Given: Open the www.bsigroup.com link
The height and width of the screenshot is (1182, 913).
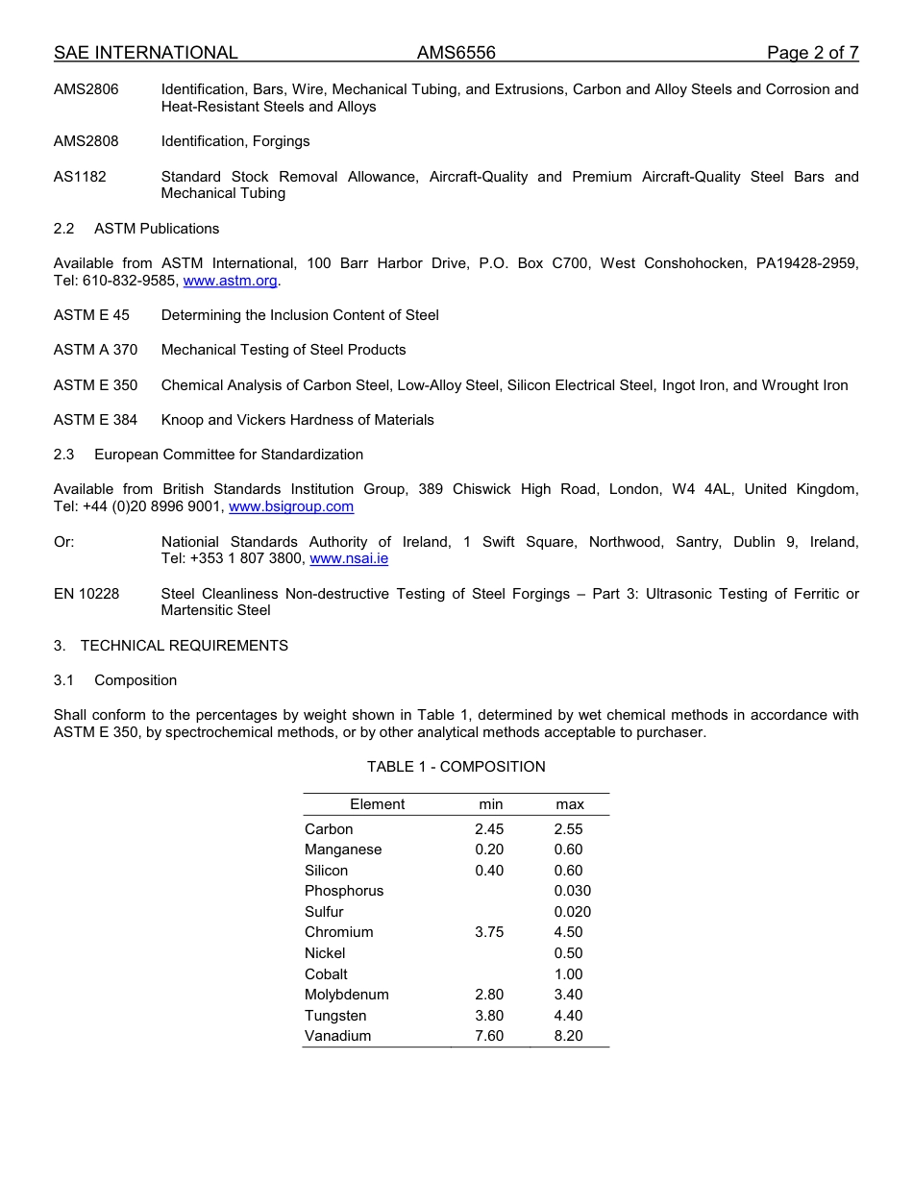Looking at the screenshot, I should [x=291, y=506].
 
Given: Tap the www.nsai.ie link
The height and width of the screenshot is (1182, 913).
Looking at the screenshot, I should [x=349, y=558].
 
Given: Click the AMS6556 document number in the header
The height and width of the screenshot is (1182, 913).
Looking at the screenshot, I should [x=456, y=53].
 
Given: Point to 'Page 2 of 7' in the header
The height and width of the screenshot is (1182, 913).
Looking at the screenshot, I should [x=812, y=53].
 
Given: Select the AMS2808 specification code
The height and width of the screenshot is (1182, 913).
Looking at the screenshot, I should [x=86, y=141].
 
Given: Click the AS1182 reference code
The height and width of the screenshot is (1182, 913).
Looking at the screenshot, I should [x=80, y=177].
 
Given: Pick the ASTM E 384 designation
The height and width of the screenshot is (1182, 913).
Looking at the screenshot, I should [x=95, y=420].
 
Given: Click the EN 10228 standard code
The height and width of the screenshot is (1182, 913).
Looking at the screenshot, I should [x=86, y=594].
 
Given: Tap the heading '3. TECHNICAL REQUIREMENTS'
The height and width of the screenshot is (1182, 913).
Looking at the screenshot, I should [x=171, y=646].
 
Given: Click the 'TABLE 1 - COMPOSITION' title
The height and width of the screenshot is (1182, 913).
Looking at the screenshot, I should [x=456, y=767].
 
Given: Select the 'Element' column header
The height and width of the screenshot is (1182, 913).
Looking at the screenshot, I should [x=377, y=804].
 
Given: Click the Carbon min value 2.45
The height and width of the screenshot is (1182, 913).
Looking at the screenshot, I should [x=489, y=829].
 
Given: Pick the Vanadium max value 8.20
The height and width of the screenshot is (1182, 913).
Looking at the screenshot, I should [x=568, y=1036].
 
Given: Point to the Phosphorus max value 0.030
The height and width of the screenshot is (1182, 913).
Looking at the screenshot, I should [x=572, y=891].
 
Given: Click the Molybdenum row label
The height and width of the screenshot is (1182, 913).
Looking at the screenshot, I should [x=346, y=995].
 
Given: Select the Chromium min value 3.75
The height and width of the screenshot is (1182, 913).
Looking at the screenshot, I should [x=489, y=932].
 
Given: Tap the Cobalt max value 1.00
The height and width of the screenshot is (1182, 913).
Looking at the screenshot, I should [x=568, y=973].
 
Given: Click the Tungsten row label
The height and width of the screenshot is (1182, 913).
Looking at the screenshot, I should [x=335, y=1016].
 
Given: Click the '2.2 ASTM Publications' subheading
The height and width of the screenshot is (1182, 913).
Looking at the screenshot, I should [x=136, y=229].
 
